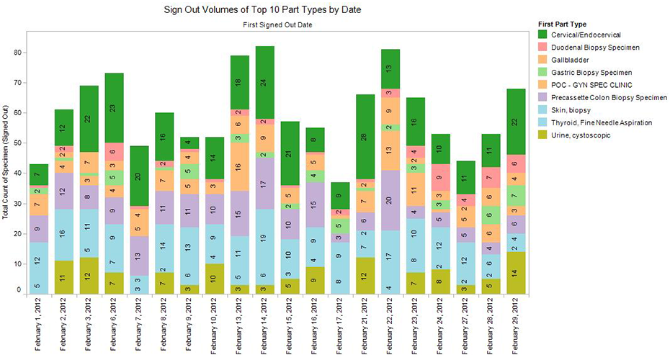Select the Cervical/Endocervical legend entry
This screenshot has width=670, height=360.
point(583,35)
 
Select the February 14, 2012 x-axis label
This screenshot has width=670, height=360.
point(266,328)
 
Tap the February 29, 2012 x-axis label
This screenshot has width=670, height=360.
point(518,328)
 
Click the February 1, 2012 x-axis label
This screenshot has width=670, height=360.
point(39,328)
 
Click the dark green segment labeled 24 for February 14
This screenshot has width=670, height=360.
point(266,82)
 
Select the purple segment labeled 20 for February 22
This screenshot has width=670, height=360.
point(392,200)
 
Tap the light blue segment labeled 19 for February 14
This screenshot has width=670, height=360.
point(266,238)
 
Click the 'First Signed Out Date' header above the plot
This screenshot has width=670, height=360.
point(277,24)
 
